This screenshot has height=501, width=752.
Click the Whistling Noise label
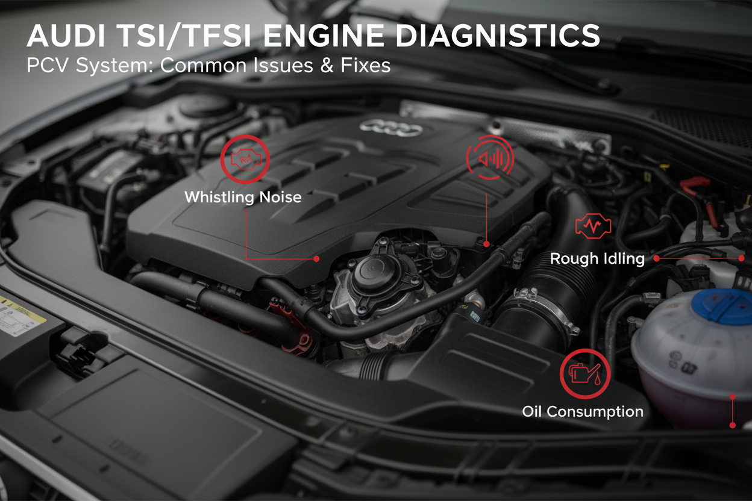pos(243,197)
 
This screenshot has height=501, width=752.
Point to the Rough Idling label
pos(597,258)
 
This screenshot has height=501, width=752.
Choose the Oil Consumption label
pos(583,412)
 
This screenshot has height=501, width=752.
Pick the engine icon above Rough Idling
pos(593,226)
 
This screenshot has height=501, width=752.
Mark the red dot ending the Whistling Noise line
pos(316,258)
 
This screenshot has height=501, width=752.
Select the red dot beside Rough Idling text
pos(657,258)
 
